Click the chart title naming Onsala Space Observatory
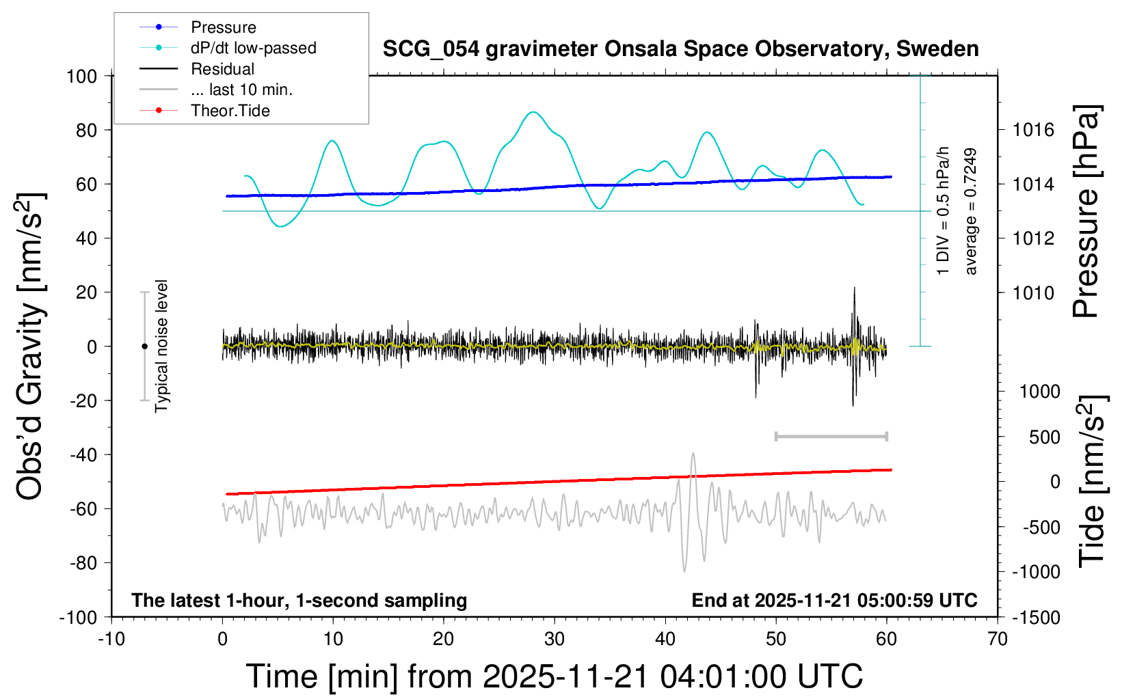[680, 49]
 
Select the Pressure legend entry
[223, 27]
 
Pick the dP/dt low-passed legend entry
[253, 48]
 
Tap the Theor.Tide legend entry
[230, 111]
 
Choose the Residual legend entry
[222, 69]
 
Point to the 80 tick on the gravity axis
[86, 130]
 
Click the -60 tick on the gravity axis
[83, 508]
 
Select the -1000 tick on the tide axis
[1037, 572]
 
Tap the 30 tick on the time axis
[555, 640]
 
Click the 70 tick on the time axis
[998, 640]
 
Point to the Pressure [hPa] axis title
[1085, 212]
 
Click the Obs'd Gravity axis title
[31, 346]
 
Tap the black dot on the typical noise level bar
[144, 346]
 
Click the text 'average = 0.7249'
[971, 212]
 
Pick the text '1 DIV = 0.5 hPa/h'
[944, 210]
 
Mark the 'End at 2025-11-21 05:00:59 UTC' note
[834, 600]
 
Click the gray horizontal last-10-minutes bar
[831, 436]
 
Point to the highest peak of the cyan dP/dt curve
[533, 112]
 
